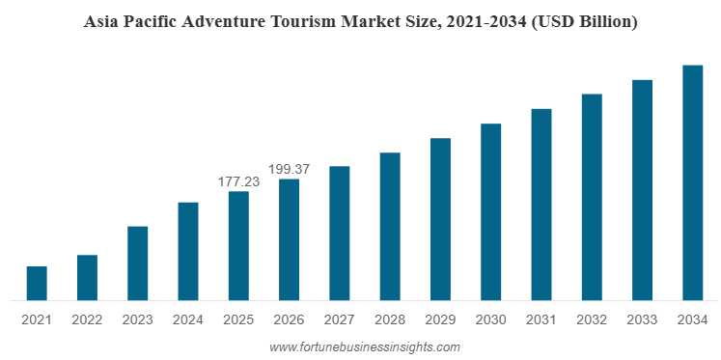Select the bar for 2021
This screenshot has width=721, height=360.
click(37, 283)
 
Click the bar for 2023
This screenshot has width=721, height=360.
click(138, 263)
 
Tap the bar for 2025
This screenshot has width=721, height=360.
click(238, 246)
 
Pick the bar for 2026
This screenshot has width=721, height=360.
click(290, 239)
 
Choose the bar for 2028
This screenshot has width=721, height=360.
click(390, 227)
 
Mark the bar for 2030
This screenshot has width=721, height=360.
click(491, 212)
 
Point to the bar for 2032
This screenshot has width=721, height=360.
click(592, 197)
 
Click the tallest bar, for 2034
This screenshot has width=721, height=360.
click(693, 182)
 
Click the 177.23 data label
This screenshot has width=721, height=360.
click(238, 181)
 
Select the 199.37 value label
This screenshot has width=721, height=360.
click(290, 169)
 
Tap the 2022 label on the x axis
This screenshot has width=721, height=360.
click(87, 319)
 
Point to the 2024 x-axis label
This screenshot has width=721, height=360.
click(188, 319)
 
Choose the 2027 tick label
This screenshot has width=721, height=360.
click(340, 319)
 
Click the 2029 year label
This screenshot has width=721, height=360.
click(440, 319)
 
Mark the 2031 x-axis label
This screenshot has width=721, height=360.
click(541, 319)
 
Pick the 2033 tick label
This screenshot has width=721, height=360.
click(642, 319)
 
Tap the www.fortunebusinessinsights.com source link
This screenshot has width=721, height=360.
click(364, 347)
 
